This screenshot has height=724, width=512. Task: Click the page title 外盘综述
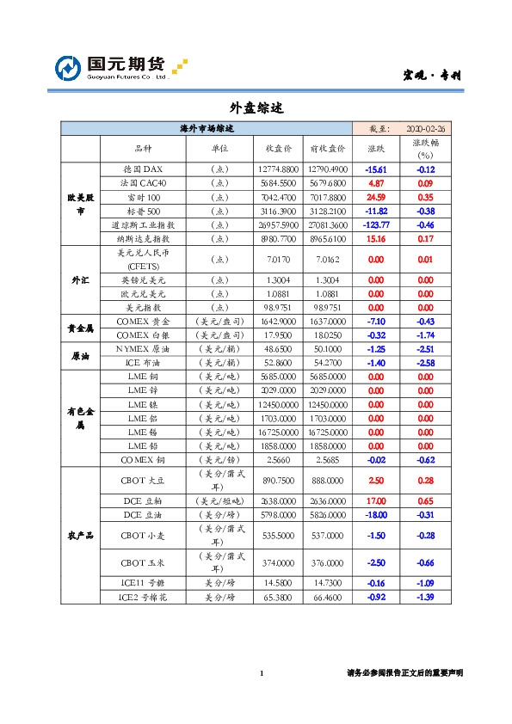tap(256, 108)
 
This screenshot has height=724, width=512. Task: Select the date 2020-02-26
tap(430, 128)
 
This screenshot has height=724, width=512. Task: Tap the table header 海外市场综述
tap(207, 128)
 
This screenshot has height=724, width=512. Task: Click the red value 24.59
tap(376, 197)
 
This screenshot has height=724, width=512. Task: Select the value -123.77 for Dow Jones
tap(376, 224)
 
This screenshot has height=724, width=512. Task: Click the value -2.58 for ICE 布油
tap(425, 362)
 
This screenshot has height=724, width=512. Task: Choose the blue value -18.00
tap(376, 514)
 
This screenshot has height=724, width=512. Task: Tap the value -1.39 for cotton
tap(425, 597)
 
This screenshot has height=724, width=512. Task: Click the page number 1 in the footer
tap(261, 673)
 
